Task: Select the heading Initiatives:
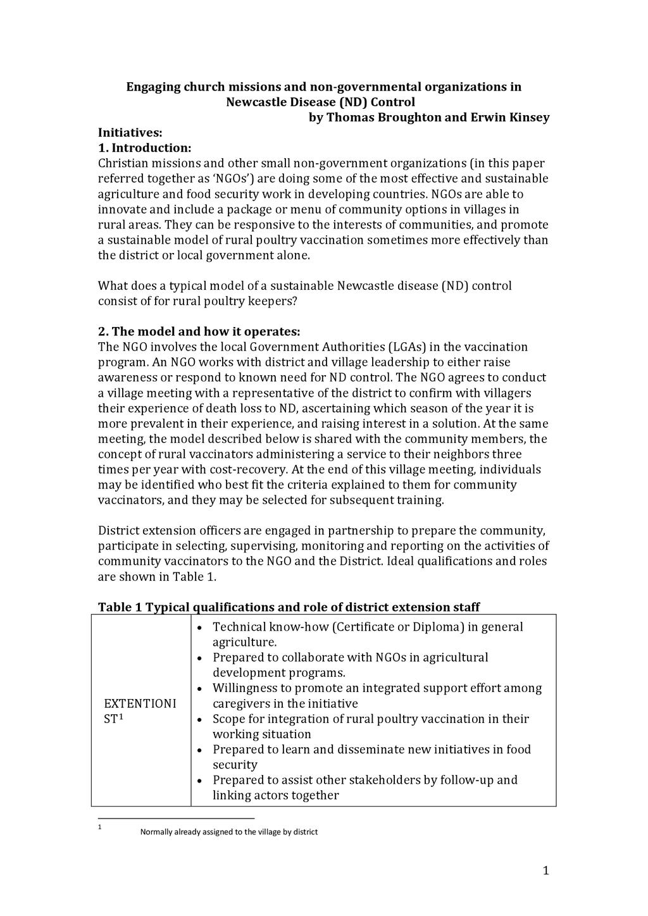[x=130, y=133]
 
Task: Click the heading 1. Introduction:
[x=144, y=148]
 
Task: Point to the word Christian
[x=124, y=163]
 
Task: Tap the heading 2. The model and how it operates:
[x=199, y=332]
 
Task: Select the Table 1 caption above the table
[x=289, y=607]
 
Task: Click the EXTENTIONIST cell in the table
[x=140, y=711]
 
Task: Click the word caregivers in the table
[x=244, y=703]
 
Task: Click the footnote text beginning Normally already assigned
[x=228, y=832]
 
